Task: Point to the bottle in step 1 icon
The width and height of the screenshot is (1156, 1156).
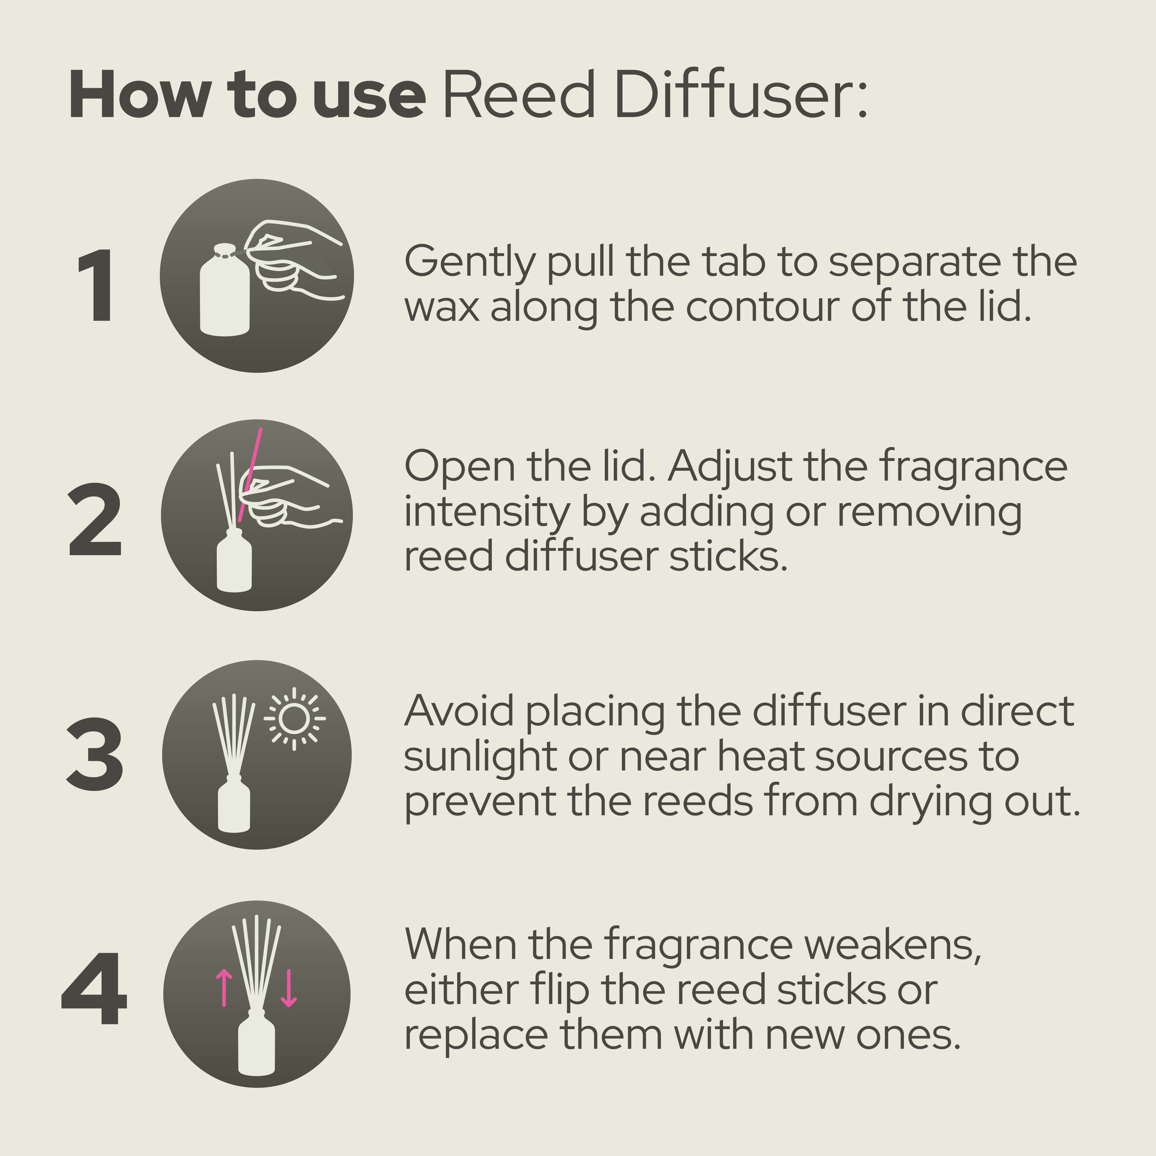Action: pyautogui.click(x=224, y=293)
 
